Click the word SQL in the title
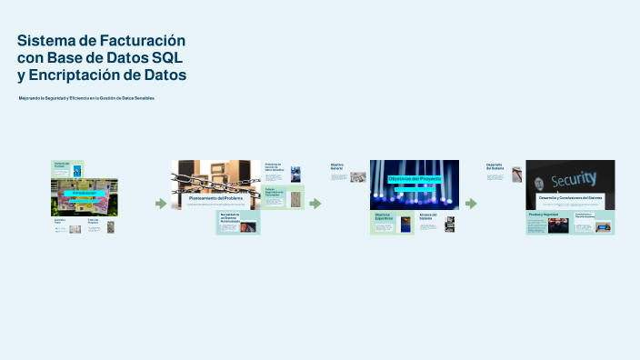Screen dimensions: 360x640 pyautogui.click(x=170, y=57)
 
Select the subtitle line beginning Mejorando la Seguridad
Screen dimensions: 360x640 pyautogui.click(x=86, y=97)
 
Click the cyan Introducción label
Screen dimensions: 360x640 pyautogui.click(x=84, y=193)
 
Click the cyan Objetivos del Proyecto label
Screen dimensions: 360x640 pyautogui.click(x=414, y=179)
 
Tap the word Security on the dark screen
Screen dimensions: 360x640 pyautogui.click(x=574, y=178)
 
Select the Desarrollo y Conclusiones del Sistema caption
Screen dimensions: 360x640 pyautogui.click(x=570, y=197)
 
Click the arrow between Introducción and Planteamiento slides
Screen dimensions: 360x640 pyautogui.click(x=161, y=204)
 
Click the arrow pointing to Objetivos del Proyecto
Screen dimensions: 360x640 pyautogui.click(x=315, y=204)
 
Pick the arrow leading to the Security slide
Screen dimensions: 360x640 pyautogui.click(x=471, y=204)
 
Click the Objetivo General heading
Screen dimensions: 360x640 pyautogui.click(x=337, y=167)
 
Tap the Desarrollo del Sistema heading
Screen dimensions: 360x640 pyautogui.click(x=495, y=166)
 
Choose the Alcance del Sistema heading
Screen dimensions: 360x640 pyautogui.click(x=428, y=216)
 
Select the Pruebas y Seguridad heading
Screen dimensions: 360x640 pyautogui.click(x=544, y=215)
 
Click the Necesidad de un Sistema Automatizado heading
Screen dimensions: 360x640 pyautogui.click(x=230, y=217)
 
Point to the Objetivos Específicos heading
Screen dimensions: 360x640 pyautogui.click(x=383, y=216)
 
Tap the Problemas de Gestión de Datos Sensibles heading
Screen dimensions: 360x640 pyautogui.click(x=274, y=166)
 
